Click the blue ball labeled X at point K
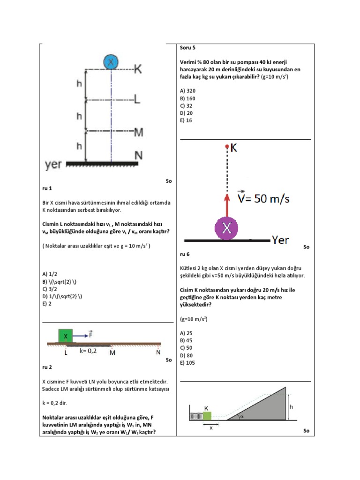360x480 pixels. [x=111, y=62]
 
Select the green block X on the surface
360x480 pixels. [x=66, y=336]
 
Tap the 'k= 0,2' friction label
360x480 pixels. [x=88, y=351]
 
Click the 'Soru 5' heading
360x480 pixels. [x=188, y=47]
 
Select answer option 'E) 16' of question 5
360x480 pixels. [x=186, y=120]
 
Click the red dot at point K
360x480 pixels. [x=227, y=147]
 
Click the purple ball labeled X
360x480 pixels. [x=227, y=228]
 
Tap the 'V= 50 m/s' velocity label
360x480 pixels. [x=263, y=199]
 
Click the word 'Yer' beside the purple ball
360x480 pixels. [x=280, y=240]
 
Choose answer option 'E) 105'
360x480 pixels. [x=187, y=363]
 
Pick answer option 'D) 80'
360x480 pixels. [x=187, y=355]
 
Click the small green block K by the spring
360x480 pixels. [x=207, y=415]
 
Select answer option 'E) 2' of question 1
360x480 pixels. [x=46, y=304]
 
